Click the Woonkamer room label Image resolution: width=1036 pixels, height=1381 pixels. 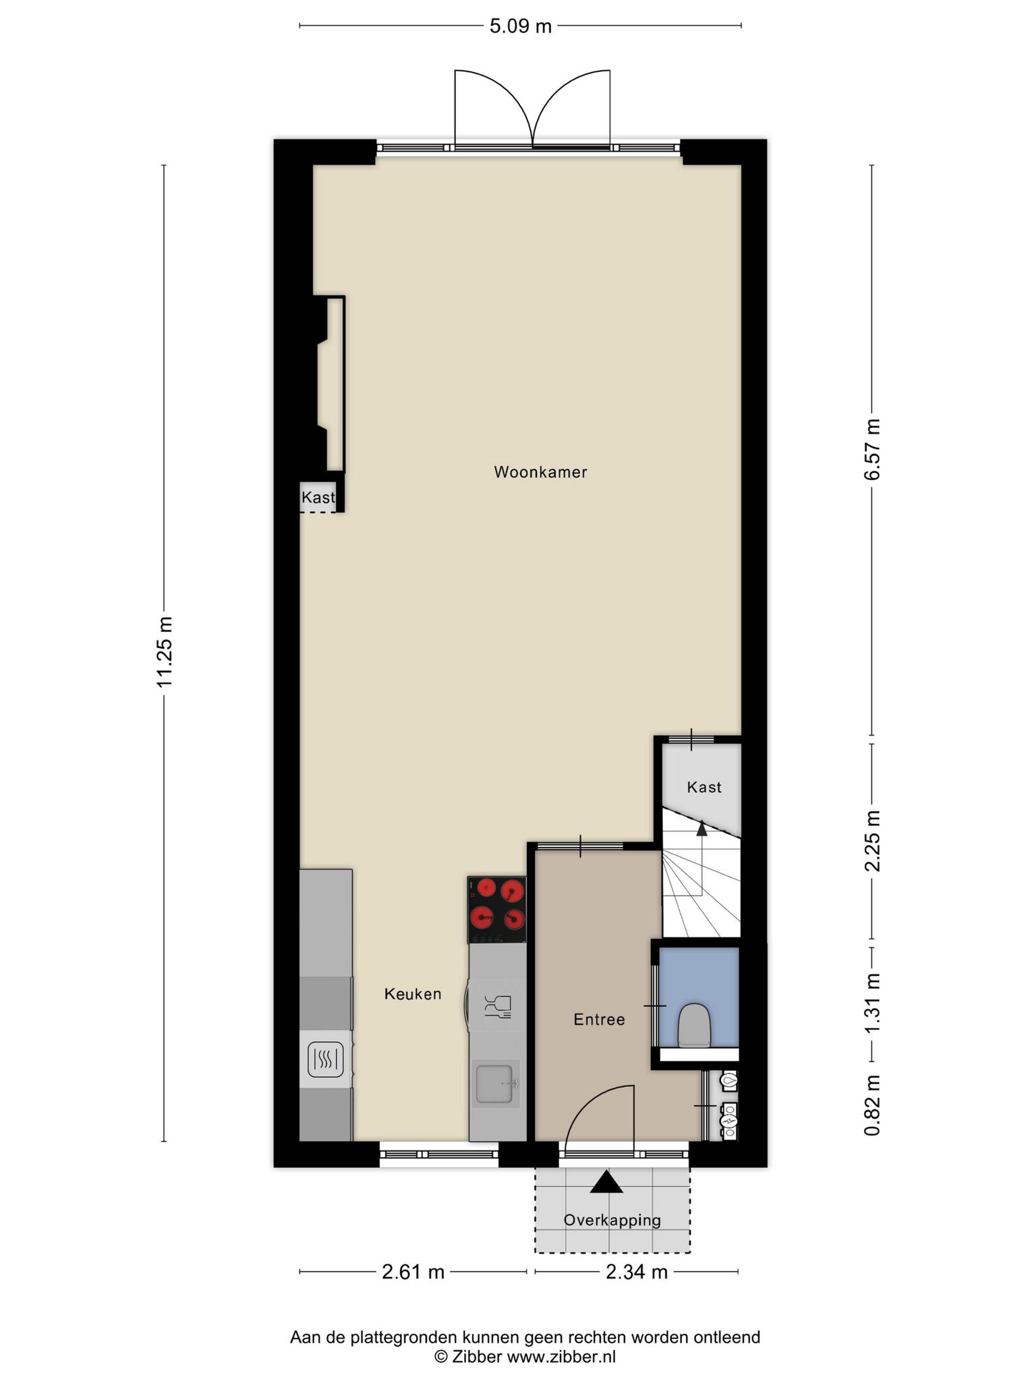tap(540, 472)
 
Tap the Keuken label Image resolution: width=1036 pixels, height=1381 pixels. tap(413, 993)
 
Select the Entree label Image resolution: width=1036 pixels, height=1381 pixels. tap(599, 1020)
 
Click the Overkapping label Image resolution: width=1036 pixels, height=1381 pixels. tap(612, 1220)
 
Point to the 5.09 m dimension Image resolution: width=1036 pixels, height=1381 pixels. tap(520, 26)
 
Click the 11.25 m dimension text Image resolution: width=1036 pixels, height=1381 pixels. tap(165, 652)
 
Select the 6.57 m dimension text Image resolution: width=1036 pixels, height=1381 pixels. tap(873, 449)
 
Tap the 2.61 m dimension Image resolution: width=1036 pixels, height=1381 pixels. tap(413, 1272)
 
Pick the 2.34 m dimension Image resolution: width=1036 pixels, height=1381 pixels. tap(637, 1272)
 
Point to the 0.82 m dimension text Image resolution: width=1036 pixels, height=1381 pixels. tap(873, 1105)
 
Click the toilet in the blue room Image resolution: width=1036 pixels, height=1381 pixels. tap(694, 1026)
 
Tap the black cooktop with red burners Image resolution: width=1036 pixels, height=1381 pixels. tap(497, 910)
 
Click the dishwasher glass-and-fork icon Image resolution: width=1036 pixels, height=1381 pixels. tap(498, 1007)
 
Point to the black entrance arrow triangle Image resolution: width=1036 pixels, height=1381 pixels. tap(607, 1182)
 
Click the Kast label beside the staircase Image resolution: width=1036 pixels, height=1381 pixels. tap(704, 787)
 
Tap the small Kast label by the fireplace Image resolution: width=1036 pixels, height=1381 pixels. tap(318, 498)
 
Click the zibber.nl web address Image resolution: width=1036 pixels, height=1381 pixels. tap(561, 1357)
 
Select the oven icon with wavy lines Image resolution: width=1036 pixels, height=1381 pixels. tap(326, 1059)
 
